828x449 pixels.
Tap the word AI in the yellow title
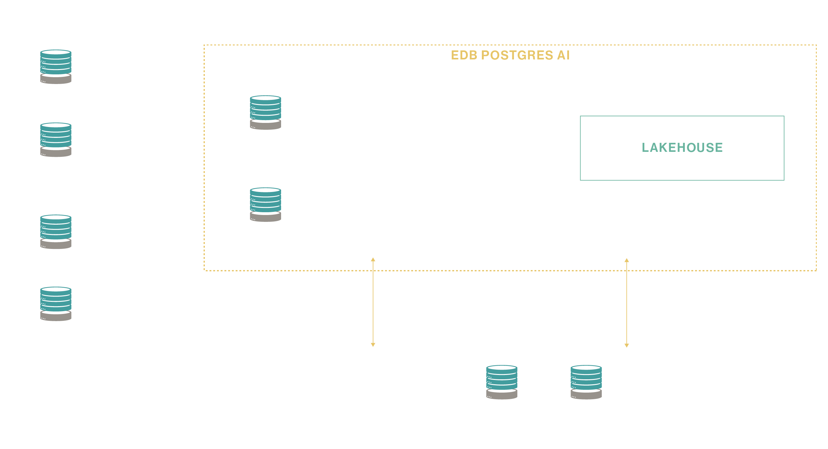coord(563,55)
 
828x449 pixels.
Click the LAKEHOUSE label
coord(682,147)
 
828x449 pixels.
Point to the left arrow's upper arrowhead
coord(373,260)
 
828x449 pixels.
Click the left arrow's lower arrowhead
coord(373,345)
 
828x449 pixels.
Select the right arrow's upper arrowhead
coord(627,260)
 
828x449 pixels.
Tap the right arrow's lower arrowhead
coord(627,345)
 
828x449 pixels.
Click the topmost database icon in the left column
coord(56,67)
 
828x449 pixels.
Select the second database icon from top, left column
coord(56,139)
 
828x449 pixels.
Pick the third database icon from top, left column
coord(56,232)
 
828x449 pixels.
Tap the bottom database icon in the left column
coord(56,304)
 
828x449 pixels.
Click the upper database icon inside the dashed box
coord(266,113)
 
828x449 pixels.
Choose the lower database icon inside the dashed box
coord(266,204)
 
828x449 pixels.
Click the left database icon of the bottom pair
coord(501,382)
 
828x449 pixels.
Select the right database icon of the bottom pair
coord(586,382)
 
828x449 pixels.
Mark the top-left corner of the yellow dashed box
coord(205,45)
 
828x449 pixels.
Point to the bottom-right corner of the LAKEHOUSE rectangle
coord(784,180)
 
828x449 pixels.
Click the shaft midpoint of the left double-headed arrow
coord(373,302)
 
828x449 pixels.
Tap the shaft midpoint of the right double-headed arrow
coord(627,303)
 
